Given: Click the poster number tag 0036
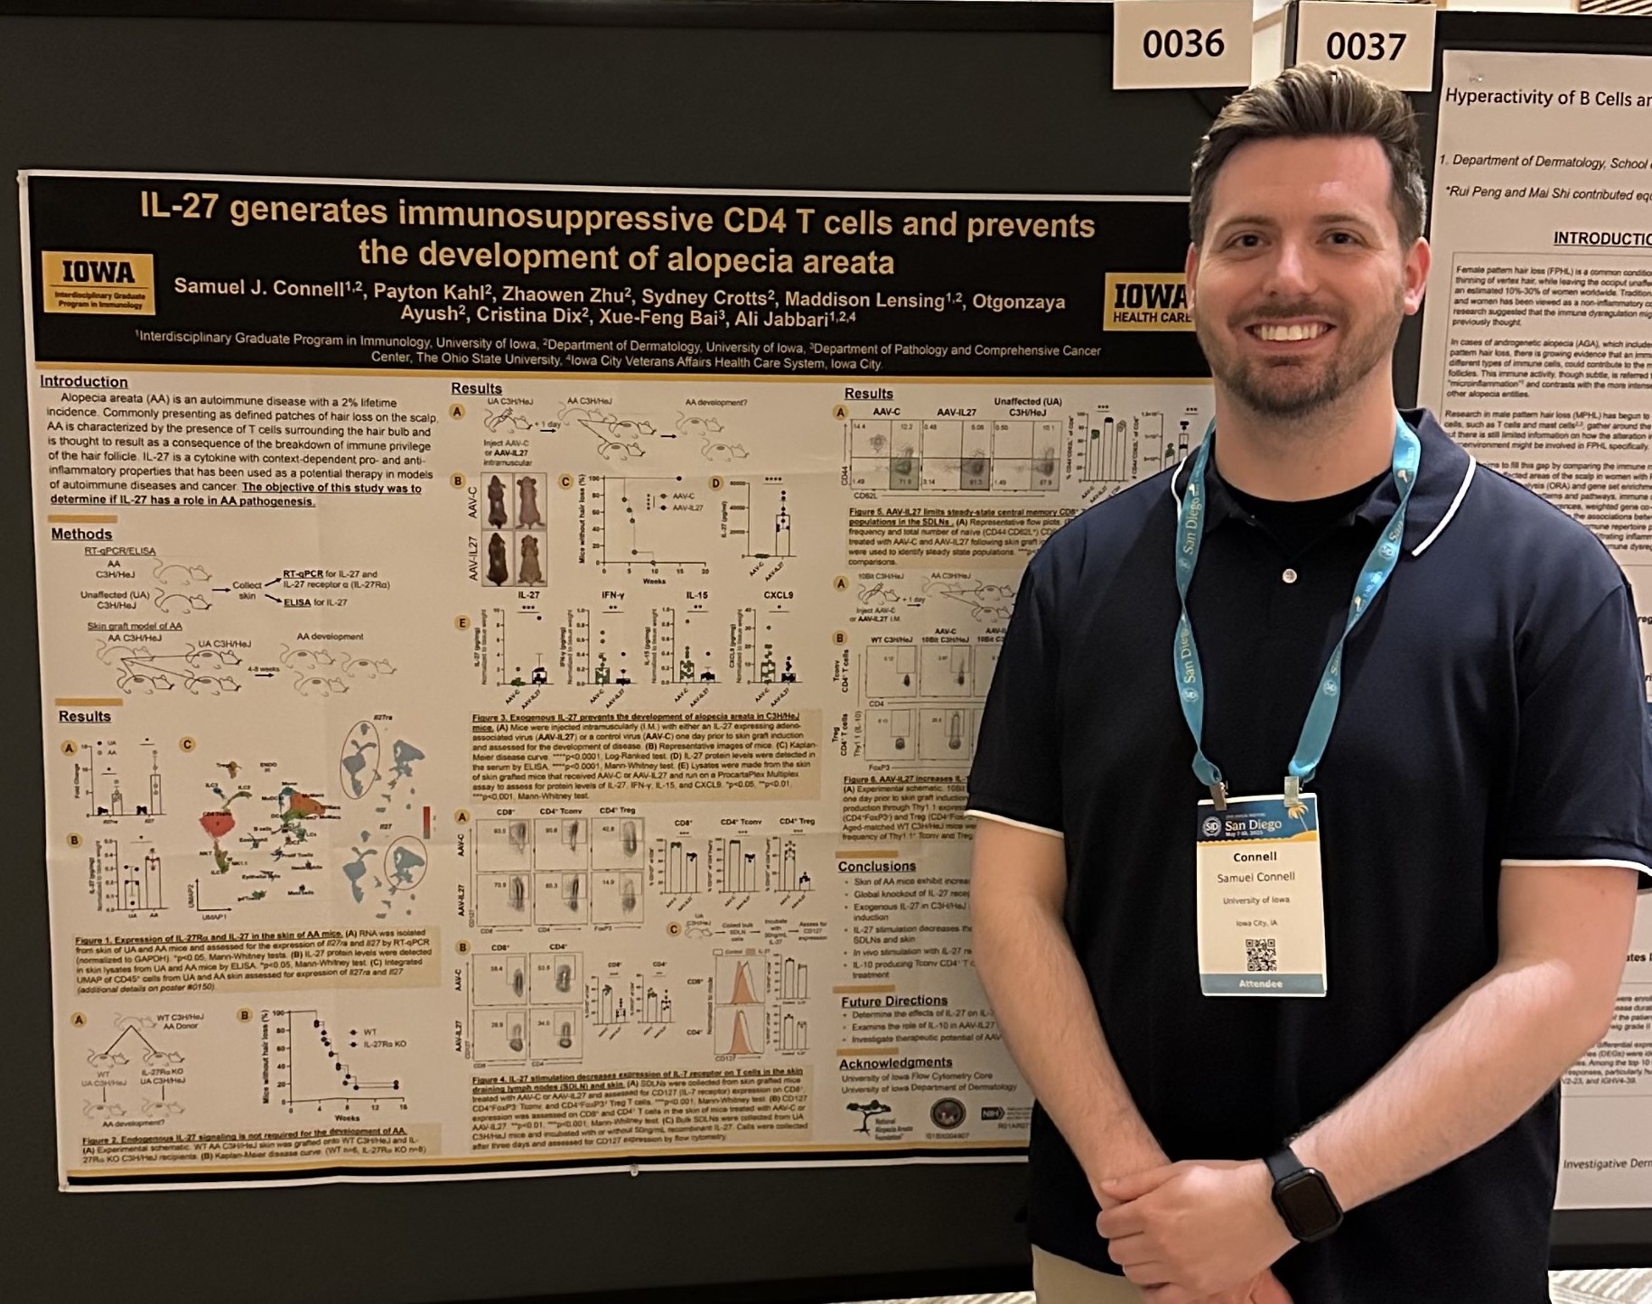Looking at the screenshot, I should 1182,44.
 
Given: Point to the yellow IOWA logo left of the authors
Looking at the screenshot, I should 98,281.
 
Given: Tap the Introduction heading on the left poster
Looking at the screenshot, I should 84,382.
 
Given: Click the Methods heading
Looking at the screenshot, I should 81,534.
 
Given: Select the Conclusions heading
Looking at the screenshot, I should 876,866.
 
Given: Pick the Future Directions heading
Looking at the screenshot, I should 893,1001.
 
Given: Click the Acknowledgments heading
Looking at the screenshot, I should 895,1062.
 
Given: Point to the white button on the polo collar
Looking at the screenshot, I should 1290,576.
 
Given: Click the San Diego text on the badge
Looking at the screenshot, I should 1253,824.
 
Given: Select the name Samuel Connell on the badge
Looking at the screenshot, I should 1255,877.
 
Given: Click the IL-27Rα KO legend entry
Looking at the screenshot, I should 384,1044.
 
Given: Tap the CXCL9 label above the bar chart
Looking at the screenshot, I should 778,596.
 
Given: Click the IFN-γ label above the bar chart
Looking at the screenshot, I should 613,596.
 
